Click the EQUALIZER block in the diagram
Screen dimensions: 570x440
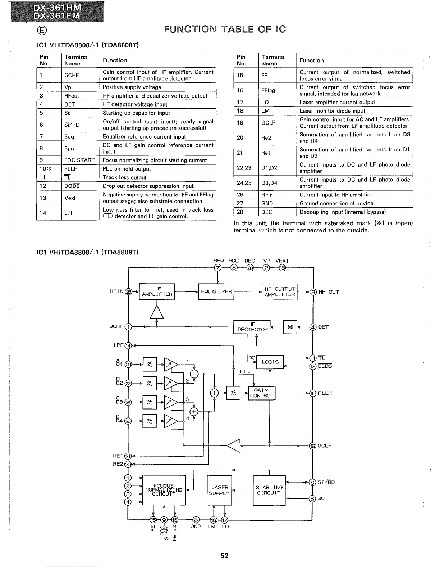(216, 292)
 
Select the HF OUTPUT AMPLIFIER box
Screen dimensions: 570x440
(280, 292)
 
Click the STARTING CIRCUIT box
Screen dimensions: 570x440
(269, 490)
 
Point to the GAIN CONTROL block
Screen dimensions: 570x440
(262, 393)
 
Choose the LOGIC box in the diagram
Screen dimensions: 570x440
(270, 362)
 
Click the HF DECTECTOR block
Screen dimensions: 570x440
(252, 327)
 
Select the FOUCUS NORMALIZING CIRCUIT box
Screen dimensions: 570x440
(164, 490)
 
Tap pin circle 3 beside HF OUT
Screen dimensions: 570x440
(313, 292)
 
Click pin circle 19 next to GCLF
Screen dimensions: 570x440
(313, 446)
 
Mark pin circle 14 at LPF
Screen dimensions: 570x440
(128, 345)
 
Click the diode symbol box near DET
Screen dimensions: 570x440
(290, 327)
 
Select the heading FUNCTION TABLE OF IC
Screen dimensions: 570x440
(225, 29)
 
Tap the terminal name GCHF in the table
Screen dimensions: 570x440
(72, 75)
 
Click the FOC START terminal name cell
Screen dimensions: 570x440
(79, 160)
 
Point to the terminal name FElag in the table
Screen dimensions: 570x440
(268, 90)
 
